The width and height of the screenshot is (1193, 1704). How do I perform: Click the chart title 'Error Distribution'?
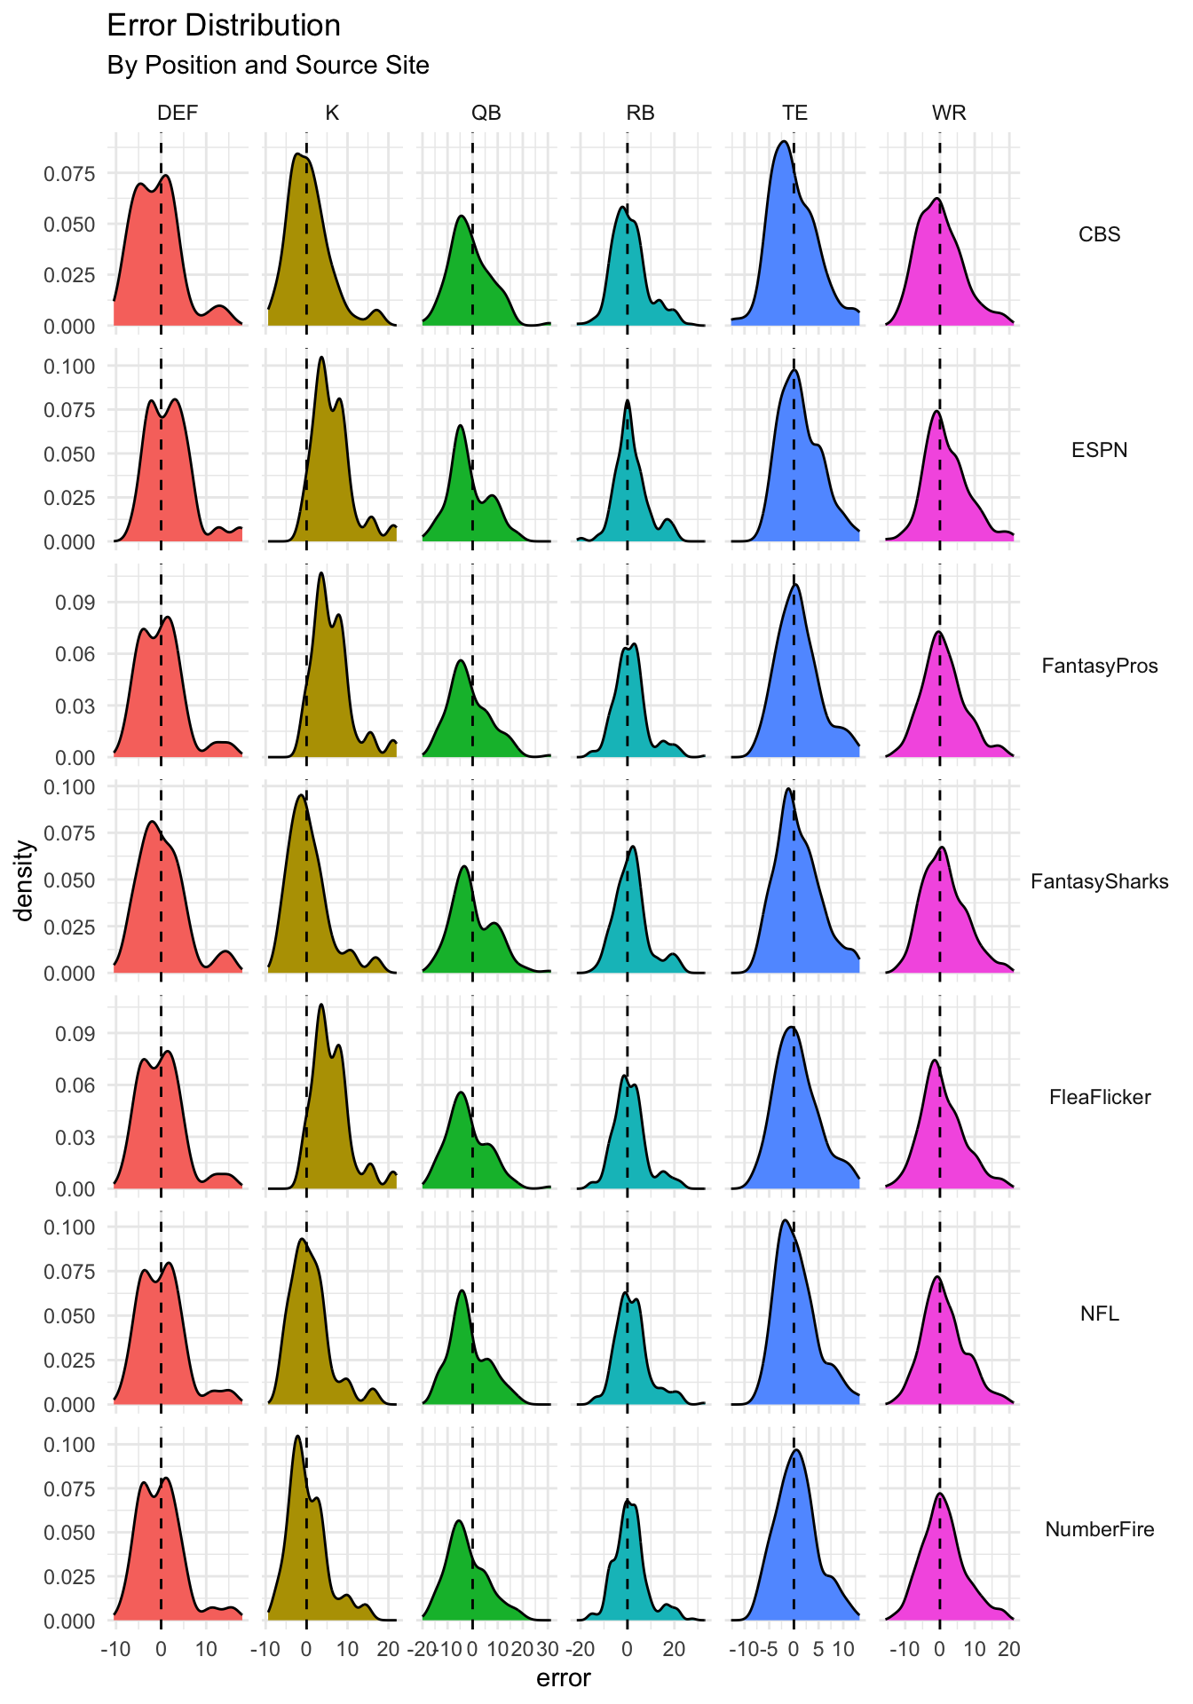224,26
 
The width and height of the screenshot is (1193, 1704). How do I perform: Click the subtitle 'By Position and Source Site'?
268,66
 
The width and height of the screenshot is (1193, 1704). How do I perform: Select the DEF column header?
178,113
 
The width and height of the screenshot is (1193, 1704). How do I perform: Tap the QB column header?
486,113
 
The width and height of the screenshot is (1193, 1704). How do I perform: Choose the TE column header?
794,113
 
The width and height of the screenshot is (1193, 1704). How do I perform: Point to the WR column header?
949,113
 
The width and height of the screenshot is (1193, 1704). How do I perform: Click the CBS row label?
1099,234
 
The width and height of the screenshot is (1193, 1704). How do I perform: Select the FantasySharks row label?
1099,881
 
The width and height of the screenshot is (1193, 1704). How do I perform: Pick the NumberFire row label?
1099,1529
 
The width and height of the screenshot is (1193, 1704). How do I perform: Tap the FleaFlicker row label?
1099,1097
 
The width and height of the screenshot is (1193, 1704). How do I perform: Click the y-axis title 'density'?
26,880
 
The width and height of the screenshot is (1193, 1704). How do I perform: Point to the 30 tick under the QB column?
548,1650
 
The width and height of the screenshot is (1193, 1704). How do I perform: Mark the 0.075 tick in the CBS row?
69,174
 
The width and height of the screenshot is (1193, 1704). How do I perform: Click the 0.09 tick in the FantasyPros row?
75,603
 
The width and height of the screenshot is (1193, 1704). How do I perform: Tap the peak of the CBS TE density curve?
783,141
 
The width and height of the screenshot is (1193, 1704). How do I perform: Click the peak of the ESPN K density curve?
321,358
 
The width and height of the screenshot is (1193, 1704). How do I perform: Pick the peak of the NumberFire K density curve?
297,1436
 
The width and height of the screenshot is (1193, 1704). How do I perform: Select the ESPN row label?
1099,450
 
